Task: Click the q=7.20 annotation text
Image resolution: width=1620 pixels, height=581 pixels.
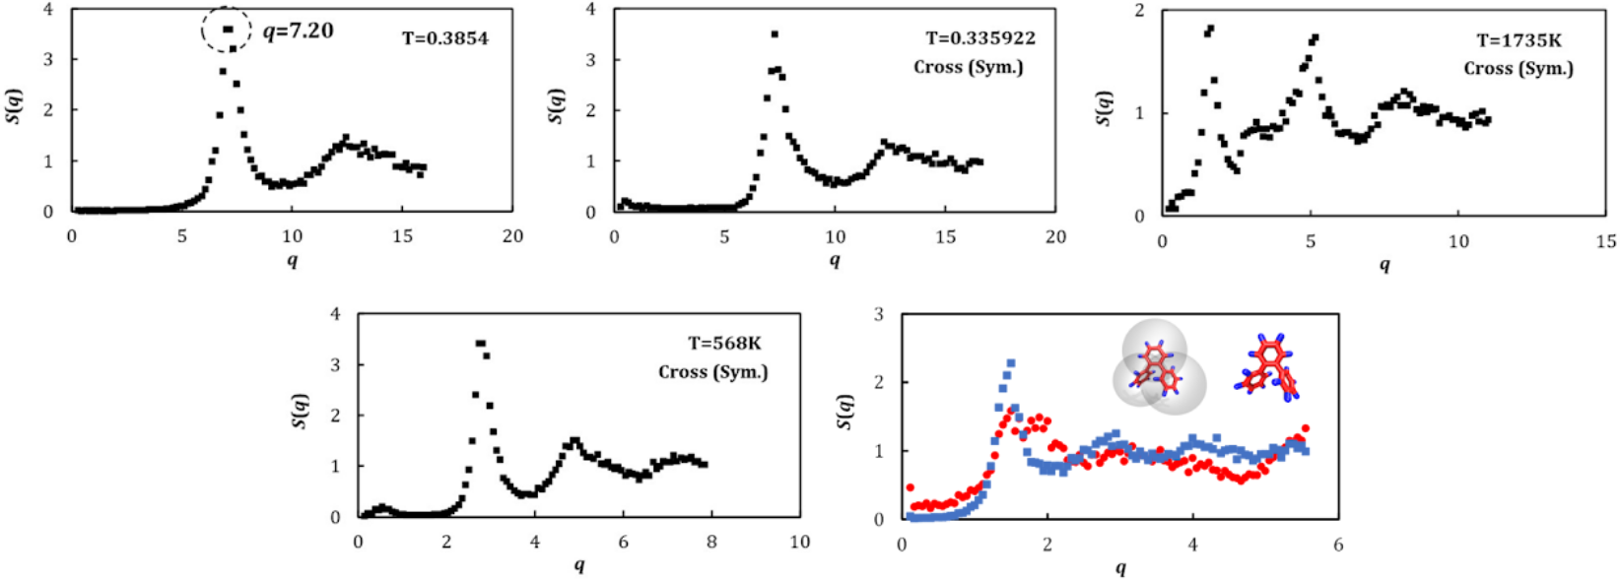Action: pos(299,31)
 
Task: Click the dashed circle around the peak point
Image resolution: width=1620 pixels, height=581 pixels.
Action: pos(227,30)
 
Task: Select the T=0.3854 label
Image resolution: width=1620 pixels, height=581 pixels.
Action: pos(444,38)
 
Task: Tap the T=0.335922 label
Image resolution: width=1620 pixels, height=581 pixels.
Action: pos(979,38)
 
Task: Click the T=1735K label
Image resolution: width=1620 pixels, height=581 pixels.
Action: pos(1519,40)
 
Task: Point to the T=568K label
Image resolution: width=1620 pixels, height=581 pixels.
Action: pos(724,344)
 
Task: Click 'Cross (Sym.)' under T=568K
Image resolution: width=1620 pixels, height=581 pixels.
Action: pos(712,371)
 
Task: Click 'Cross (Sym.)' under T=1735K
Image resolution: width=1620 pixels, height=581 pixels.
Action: pos(1518,68)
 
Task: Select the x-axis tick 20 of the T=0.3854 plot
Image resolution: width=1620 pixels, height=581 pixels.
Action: pos(512,236)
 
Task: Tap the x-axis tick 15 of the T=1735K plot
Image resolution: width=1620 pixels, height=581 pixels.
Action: pos(1606,241)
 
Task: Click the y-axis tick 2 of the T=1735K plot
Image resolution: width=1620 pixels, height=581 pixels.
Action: pos(1139,10)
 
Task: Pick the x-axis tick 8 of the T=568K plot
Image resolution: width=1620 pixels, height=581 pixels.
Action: pos(711,542)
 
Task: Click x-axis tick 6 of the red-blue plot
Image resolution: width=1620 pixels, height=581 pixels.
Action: pos(1338,545)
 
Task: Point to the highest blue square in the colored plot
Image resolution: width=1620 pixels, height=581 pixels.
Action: pos(1011,363)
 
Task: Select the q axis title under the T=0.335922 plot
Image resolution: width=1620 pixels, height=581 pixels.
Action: pos(834,260)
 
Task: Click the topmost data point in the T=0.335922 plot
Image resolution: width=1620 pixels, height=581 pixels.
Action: pos(775,34)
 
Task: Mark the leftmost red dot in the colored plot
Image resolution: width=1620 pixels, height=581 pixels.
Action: pos(910,487)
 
